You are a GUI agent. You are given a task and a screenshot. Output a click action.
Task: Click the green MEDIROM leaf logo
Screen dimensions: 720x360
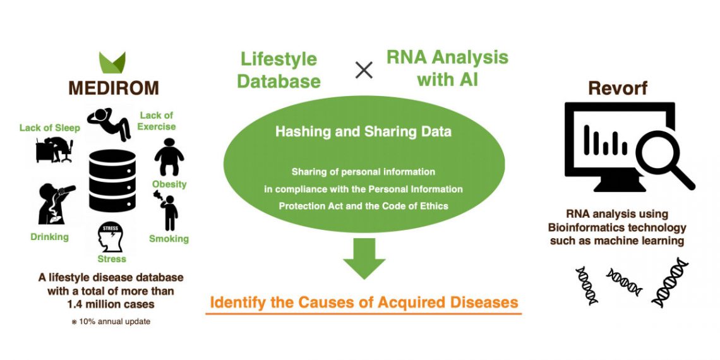[112, 63]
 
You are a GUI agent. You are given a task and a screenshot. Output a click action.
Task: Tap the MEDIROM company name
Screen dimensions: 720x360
[114, 88]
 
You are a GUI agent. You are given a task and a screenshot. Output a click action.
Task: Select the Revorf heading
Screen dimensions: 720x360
[618, 88]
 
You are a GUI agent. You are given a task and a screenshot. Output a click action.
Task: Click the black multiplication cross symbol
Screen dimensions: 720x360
[364, 70]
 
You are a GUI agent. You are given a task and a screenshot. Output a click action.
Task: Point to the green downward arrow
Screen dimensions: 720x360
[364, 258]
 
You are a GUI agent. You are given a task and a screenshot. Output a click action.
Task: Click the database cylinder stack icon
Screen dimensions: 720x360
[112, 181]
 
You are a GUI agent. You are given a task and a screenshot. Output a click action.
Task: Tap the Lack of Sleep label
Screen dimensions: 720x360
[50, 128]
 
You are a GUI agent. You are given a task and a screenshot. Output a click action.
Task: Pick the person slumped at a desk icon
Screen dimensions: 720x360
[54, 150]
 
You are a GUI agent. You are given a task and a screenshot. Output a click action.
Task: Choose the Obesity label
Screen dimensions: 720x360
[169, 184]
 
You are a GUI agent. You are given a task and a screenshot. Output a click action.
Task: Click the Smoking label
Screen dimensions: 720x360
[169, 239]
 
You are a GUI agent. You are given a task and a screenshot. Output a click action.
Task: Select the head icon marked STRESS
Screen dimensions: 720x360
[111, 237]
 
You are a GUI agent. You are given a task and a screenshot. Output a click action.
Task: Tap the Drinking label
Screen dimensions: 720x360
[50, 237]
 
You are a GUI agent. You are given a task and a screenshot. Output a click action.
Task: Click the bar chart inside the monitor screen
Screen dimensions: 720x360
[605, 140]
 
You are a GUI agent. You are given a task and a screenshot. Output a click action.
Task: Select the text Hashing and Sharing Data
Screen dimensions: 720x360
[363, 132]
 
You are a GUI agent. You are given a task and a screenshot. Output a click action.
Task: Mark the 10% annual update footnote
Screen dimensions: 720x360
[111, 321]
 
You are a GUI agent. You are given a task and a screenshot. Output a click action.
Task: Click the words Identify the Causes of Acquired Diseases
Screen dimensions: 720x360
[364, 303]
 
